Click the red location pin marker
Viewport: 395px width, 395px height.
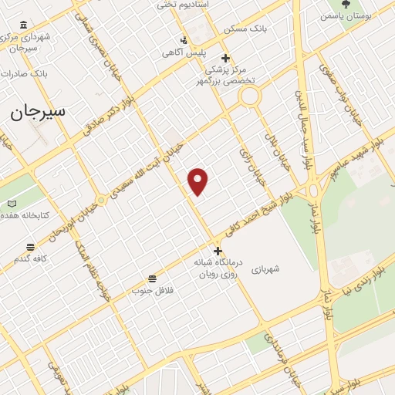coord(198,181)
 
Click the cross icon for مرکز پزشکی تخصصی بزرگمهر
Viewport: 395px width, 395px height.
coord(225,58)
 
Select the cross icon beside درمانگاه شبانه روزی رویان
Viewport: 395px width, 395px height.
coord(218,250)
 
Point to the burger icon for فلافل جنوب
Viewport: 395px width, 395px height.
coord(152,278)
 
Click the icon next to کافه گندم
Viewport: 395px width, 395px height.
coord(30,247)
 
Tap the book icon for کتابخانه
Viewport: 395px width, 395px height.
coord(12,203)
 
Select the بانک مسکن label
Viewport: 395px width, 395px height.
coord(245,29)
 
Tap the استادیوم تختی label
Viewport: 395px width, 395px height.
coord(184,5)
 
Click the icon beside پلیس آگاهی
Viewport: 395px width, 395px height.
coord(184,40)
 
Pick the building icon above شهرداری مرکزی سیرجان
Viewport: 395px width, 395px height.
coord(22,25)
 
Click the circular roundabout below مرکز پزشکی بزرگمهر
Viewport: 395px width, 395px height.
coord(249,97)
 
